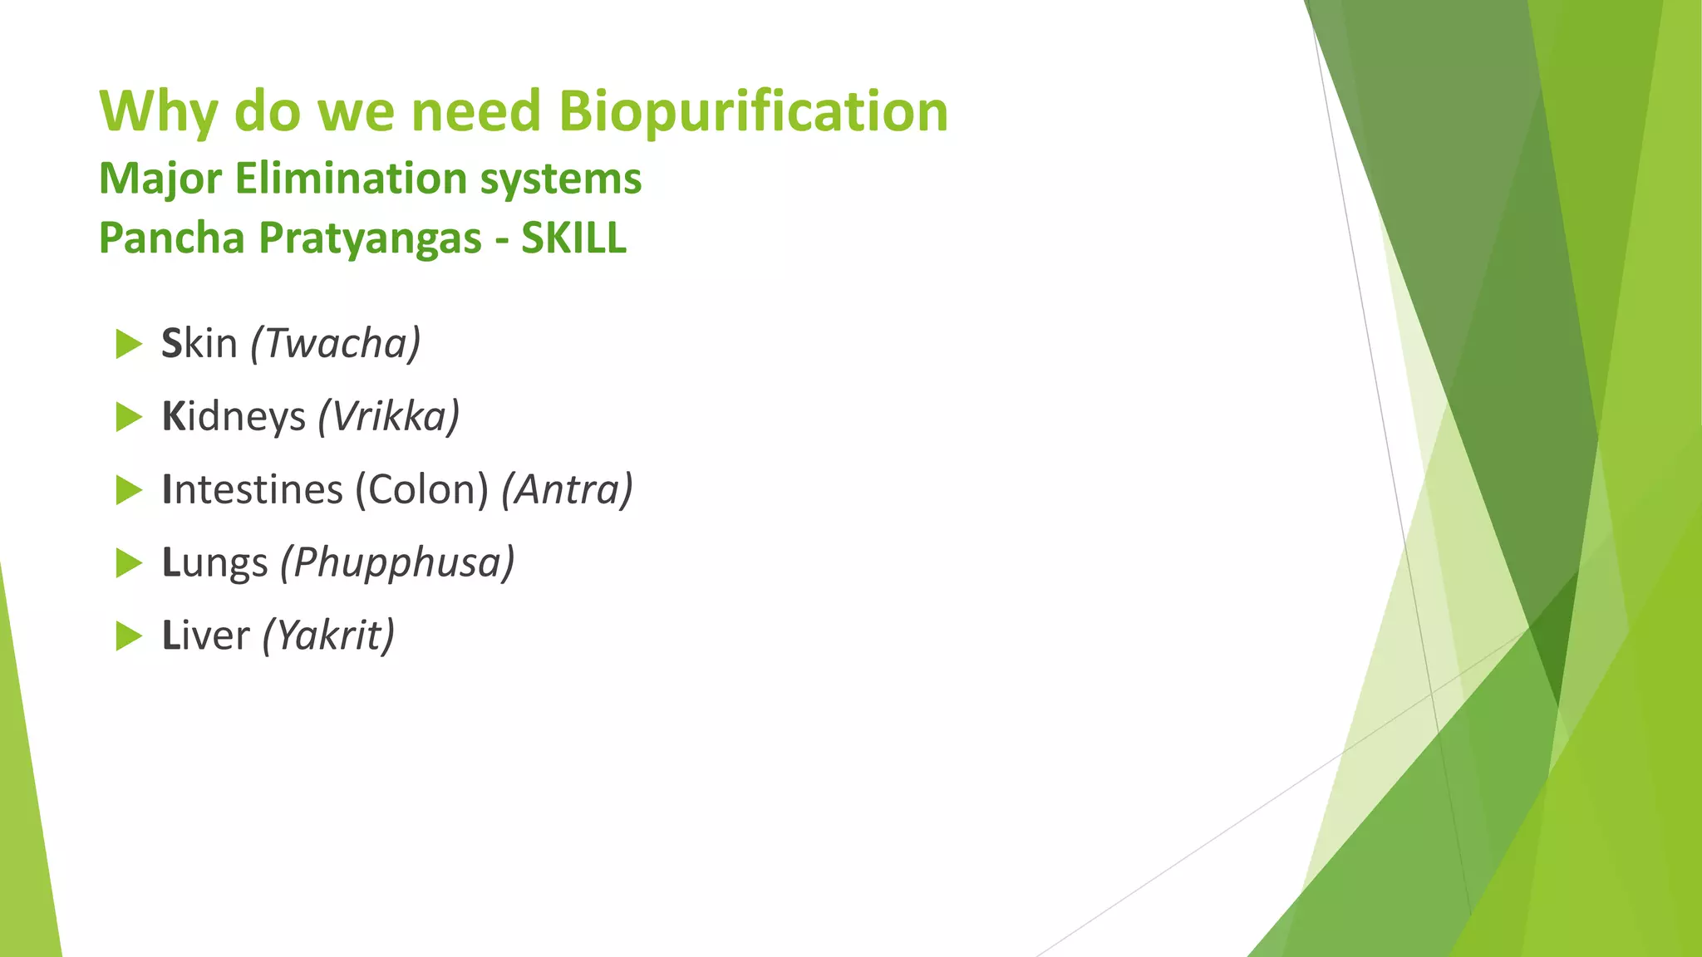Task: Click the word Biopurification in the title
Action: coord(753,111)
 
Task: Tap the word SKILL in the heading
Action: coord(573,238)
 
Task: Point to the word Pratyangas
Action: coord(370,239)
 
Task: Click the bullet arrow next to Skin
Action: coord(129,344)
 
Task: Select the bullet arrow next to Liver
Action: coord(129,636)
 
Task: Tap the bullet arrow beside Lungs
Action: coord(129,563)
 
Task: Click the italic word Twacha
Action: coord(336,343)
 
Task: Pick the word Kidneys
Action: coord(234,416)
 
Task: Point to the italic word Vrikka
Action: coord(389,416)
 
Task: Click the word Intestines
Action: coord(252,489)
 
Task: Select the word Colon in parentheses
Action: coord(422,489)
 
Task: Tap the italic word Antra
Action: coord(567,489)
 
